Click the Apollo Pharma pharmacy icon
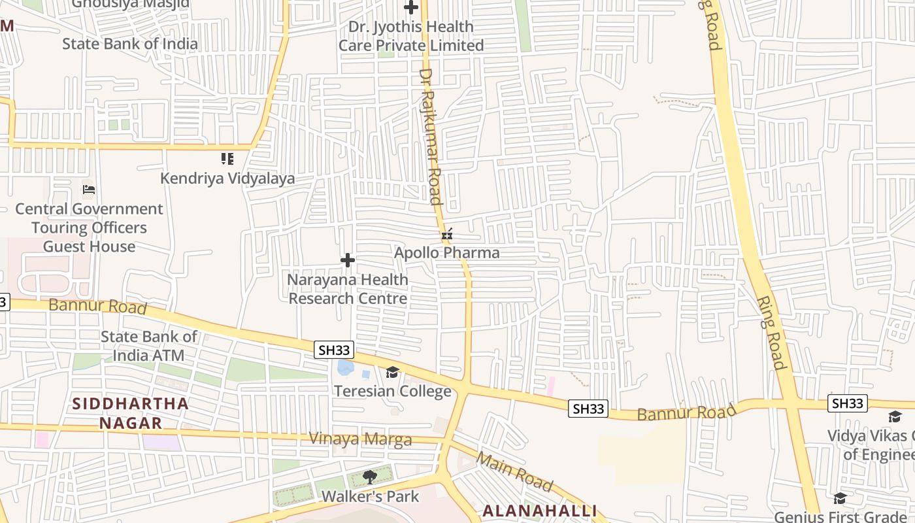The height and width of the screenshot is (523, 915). (x=447, y=234)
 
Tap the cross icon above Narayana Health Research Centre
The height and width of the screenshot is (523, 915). (x=348, y=261)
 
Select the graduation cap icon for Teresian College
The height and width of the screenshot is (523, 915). (x=392, y=373)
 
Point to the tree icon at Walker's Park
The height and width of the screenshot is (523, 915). (x=370, y=477)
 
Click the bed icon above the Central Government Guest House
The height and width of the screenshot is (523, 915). (x=89, y=190)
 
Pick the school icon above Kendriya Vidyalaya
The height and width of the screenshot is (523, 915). (x=227, y=159)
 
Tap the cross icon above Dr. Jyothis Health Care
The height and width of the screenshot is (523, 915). (x=411, y=8)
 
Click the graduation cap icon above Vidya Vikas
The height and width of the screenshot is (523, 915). (x=895, y=416)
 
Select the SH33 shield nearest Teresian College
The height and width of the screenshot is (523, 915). (x=335, y=350)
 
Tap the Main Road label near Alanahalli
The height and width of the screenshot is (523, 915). (x=515, y=471)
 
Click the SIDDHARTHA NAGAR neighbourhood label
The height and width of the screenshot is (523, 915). (x=131, y=413)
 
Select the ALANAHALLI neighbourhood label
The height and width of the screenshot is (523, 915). (x=540, y=511)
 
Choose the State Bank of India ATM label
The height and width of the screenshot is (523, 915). (x=148, y=346)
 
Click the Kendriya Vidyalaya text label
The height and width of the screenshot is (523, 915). (x=227, y=178)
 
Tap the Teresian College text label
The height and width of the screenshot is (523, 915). (x=393, y=391)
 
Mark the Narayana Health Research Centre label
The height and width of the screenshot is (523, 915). (x=348, y=289)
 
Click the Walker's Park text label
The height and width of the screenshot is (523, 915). (x=370, y=496)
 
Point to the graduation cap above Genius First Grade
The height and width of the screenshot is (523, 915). (x=840, y=499)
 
